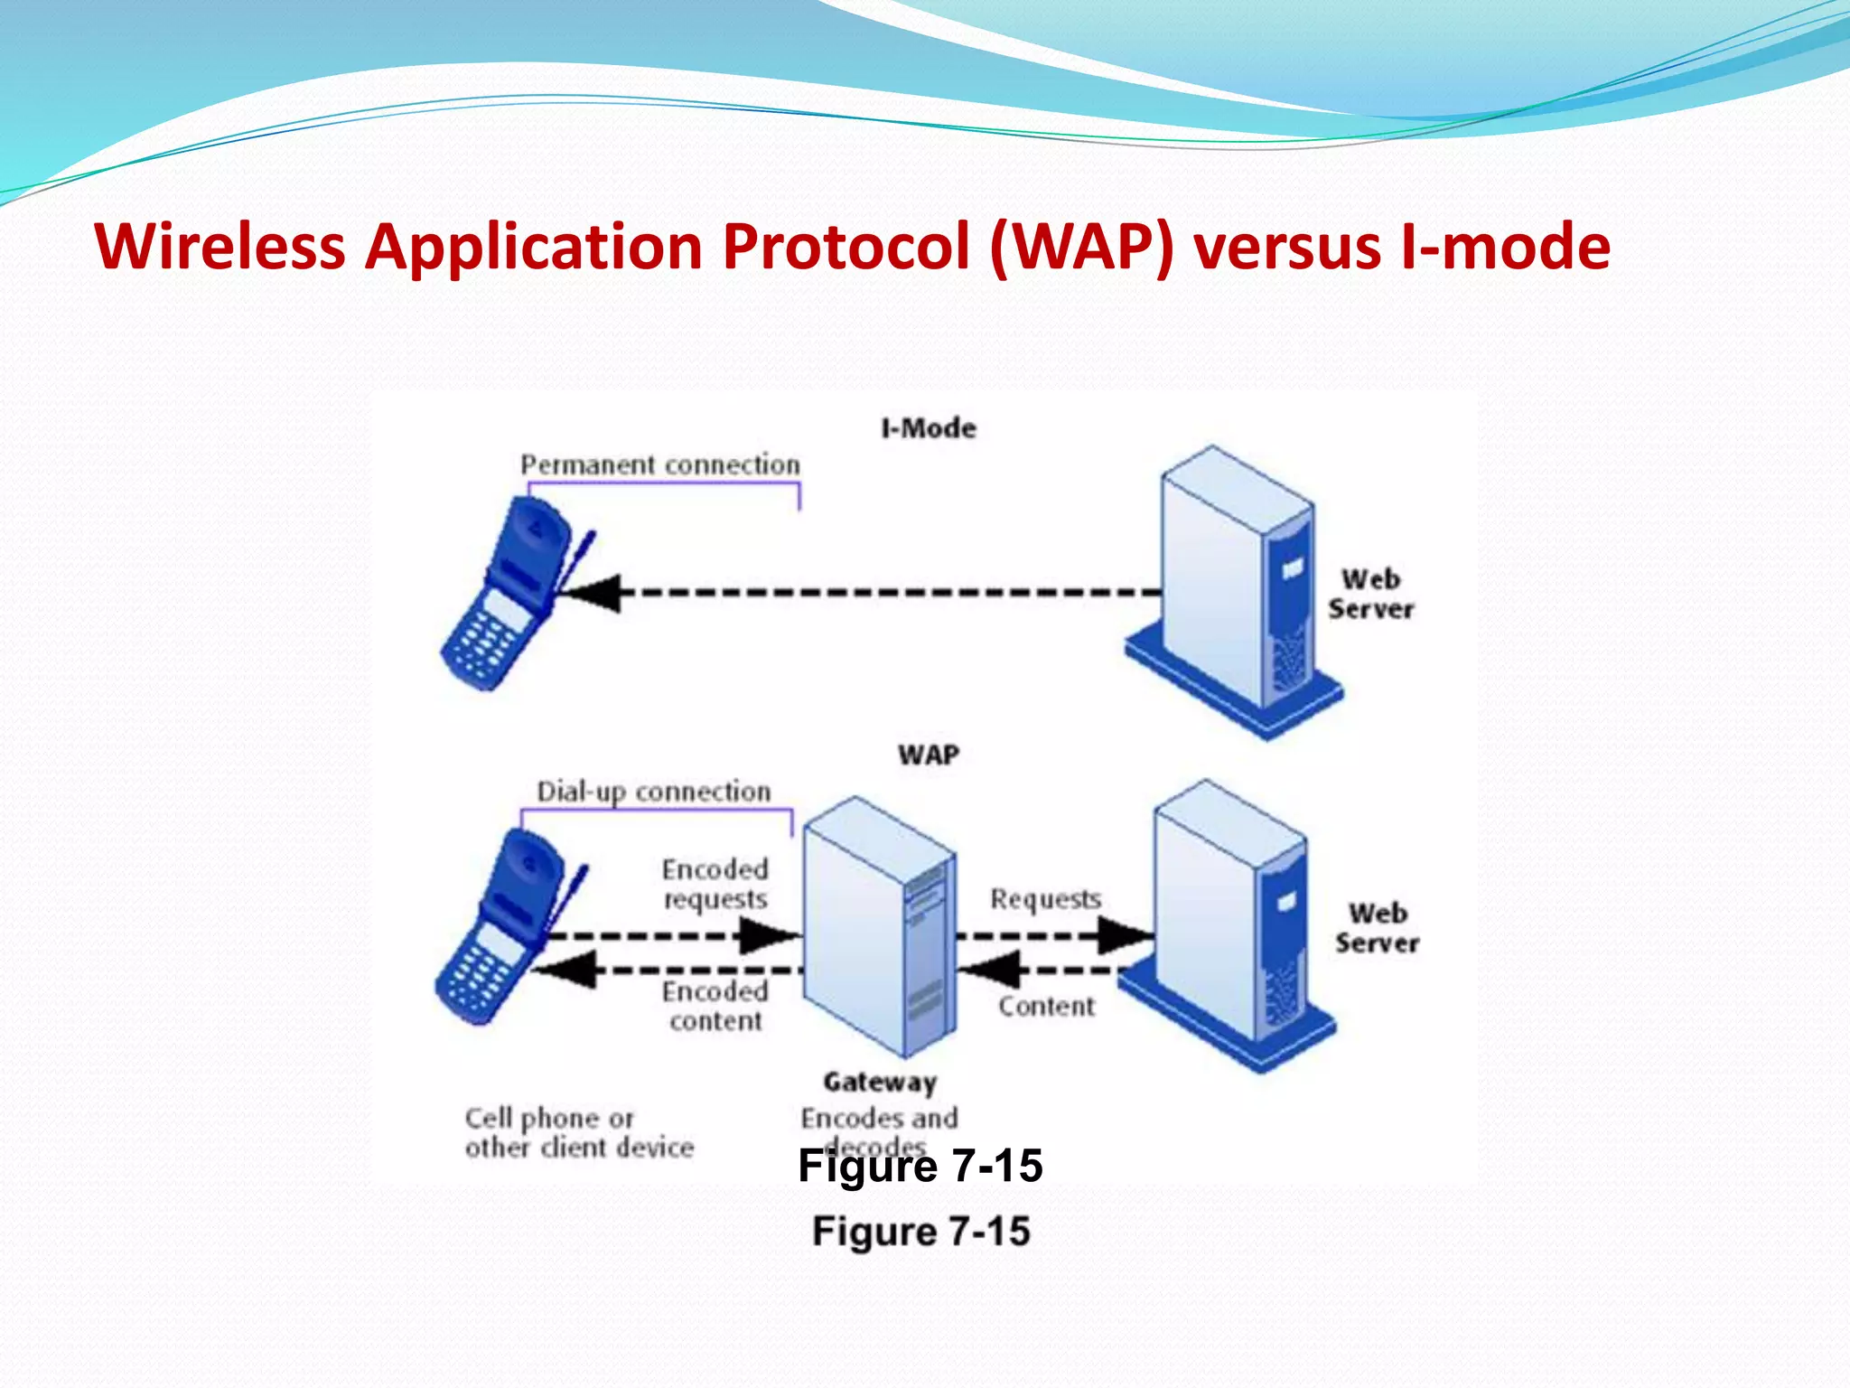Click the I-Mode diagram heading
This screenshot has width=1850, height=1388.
pos(929,428)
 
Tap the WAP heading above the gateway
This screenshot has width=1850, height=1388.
pos(929,755)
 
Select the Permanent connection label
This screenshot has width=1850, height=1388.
pos(660,465)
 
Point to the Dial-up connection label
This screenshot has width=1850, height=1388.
pos(654,792)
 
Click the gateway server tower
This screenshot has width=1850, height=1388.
pos(879,926)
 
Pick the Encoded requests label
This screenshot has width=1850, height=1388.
pos(715,884)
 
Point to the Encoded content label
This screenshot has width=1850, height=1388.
pos(715,1006)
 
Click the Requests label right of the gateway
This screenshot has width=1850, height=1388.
pos(1046,899)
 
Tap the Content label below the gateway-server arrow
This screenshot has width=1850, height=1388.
pos(1046,1006)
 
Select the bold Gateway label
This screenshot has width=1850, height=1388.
pos(880,1082)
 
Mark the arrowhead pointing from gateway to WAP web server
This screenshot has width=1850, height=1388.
pos(1124,935)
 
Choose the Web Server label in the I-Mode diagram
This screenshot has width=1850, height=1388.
pos(1370,594)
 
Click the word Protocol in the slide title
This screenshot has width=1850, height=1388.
pos(846,246)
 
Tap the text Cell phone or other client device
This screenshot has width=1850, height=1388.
pos(579,1132)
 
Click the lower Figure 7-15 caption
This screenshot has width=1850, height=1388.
pos(920,1232)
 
